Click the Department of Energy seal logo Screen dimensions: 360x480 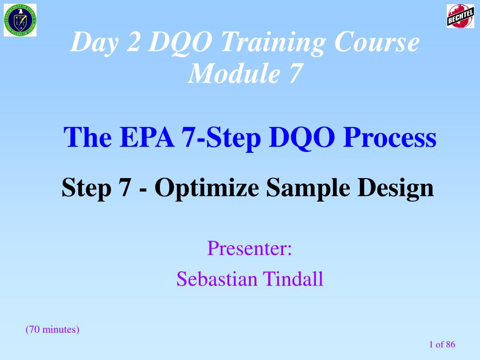(20, 20)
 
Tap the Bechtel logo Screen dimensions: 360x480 (460, 16)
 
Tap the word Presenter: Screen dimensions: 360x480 (249, 248)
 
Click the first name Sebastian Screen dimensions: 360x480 (217, 279)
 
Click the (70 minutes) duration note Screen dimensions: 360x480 (52, 330)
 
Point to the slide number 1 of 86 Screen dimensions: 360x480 (442, 345)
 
